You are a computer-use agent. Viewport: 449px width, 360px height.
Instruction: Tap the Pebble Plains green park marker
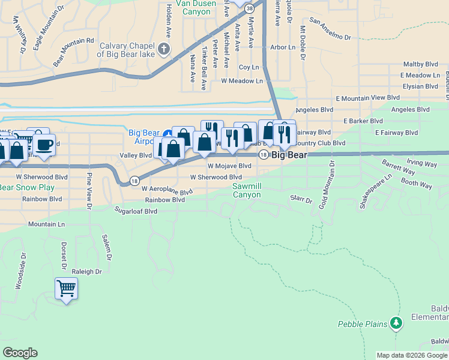pyautogui.click(x=396, y=324)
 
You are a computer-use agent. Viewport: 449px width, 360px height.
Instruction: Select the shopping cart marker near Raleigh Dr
pyautogui.click(x=66, y=289)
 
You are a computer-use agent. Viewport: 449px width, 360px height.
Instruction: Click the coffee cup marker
pyautogui.click(x=44, y=144)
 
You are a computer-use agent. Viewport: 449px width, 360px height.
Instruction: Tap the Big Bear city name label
pyautogui.click(x=289, y=155)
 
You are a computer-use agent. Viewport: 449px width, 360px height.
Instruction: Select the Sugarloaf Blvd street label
pyautogui.click(x=136, y=211)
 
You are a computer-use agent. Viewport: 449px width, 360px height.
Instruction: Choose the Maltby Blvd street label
pyautogui.click(x=421, y=64)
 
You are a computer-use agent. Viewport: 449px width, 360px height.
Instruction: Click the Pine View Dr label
pyautogui.click(x=88, y=191)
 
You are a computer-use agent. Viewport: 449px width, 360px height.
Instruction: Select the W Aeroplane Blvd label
pyautogui.click(x=167, y=190)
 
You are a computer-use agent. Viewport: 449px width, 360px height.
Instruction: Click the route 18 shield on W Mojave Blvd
pyautogui.click(x=263, y=155)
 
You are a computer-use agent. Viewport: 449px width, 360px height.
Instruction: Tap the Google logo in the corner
pyautogui.click(x=20, y=353)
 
